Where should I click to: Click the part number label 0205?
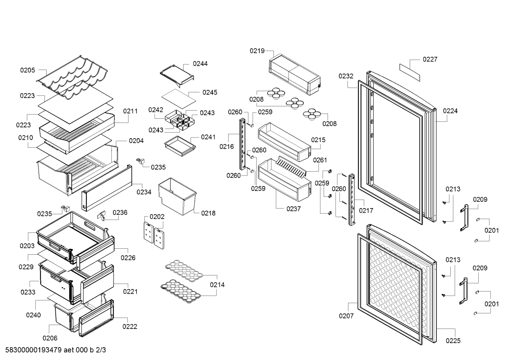(28, 70)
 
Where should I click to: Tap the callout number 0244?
(200, 64)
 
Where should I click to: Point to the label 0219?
(257, 51)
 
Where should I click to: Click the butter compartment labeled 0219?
(295, 74)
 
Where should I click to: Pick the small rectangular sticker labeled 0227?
(410, 72)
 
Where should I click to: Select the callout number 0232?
(346, 76)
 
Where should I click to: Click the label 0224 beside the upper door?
(450, 111)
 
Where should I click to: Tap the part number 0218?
(208, 213)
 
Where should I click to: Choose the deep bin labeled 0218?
(177, 196)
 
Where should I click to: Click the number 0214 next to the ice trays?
(217, 284)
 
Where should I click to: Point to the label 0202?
(157, 217)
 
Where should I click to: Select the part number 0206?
(50, 338)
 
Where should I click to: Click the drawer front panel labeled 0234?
(107, 188)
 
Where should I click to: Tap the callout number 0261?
(320, 160)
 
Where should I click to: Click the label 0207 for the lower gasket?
(346, 315)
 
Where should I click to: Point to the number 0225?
(453, 341)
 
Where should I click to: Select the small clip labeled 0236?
(102, 216)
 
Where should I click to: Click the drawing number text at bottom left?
(55, 350)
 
